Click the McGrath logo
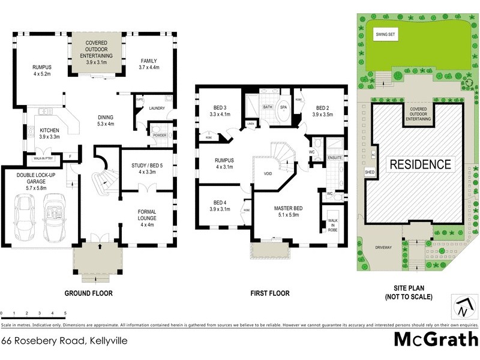click(435, 339)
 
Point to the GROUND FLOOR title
click(88, 293)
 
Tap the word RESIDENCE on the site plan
click(420, 164)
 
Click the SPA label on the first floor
click(283, 107)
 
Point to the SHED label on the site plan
click(370, 172)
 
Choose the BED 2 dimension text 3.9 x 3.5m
click(323, 113)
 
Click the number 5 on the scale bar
click(65, 314)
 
